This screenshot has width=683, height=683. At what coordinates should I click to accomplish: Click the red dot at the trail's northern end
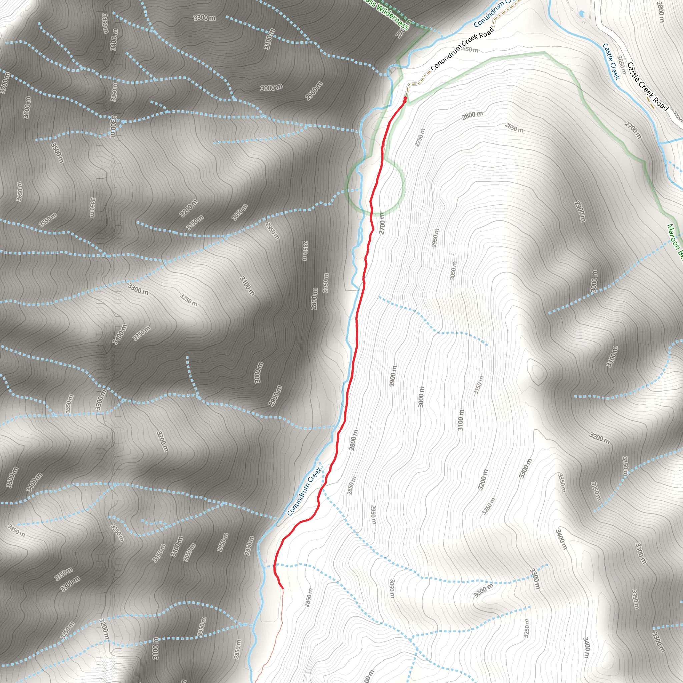click(x=405, y=98)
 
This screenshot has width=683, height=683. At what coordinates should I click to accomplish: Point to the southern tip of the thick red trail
click(x=282, y=588)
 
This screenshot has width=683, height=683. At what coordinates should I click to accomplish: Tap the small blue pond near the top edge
click(x=582, y=14)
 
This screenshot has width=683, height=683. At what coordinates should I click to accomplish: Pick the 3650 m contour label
click(x=19, y=192)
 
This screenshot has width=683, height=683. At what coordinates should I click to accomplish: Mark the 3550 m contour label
click(x=48, y=220)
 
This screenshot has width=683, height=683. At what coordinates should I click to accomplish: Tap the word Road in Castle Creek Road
click(x=660, y=102)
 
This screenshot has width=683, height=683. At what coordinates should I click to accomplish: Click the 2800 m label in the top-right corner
click(x=660, y=12)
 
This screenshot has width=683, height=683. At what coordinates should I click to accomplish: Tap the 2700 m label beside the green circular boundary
click(x=381, y=223)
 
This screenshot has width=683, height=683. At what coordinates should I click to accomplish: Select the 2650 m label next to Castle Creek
click(x=621, y=65)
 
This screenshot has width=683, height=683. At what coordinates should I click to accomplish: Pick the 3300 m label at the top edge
click(x=204, y=17)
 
